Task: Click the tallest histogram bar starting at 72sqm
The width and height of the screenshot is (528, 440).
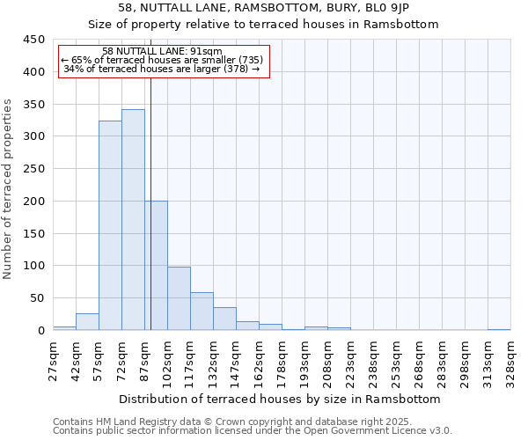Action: tap(133, 220)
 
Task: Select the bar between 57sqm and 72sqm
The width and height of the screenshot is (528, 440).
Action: tap(110, 225)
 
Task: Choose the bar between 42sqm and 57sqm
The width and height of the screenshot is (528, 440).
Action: tap(87, 322)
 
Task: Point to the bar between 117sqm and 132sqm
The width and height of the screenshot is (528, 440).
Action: tap(202, 312)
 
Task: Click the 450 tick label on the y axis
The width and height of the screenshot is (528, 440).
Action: tap(34, 40)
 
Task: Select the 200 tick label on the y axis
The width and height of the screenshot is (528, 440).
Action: tap(34, 202)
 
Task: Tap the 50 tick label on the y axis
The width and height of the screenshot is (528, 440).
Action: tap(38, 298)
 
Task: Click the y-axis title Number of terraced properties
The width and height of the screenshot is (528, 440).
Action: tap(8, 189)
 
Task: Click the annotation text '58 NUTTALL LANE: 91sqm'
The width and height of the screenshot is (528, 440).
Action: tap(162, 52)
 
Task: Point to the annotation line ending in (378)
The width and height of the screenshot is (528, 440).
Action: tap(162, 69)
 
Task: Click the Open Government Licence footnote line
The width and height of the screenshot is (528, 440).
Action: tap(252, 431)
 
